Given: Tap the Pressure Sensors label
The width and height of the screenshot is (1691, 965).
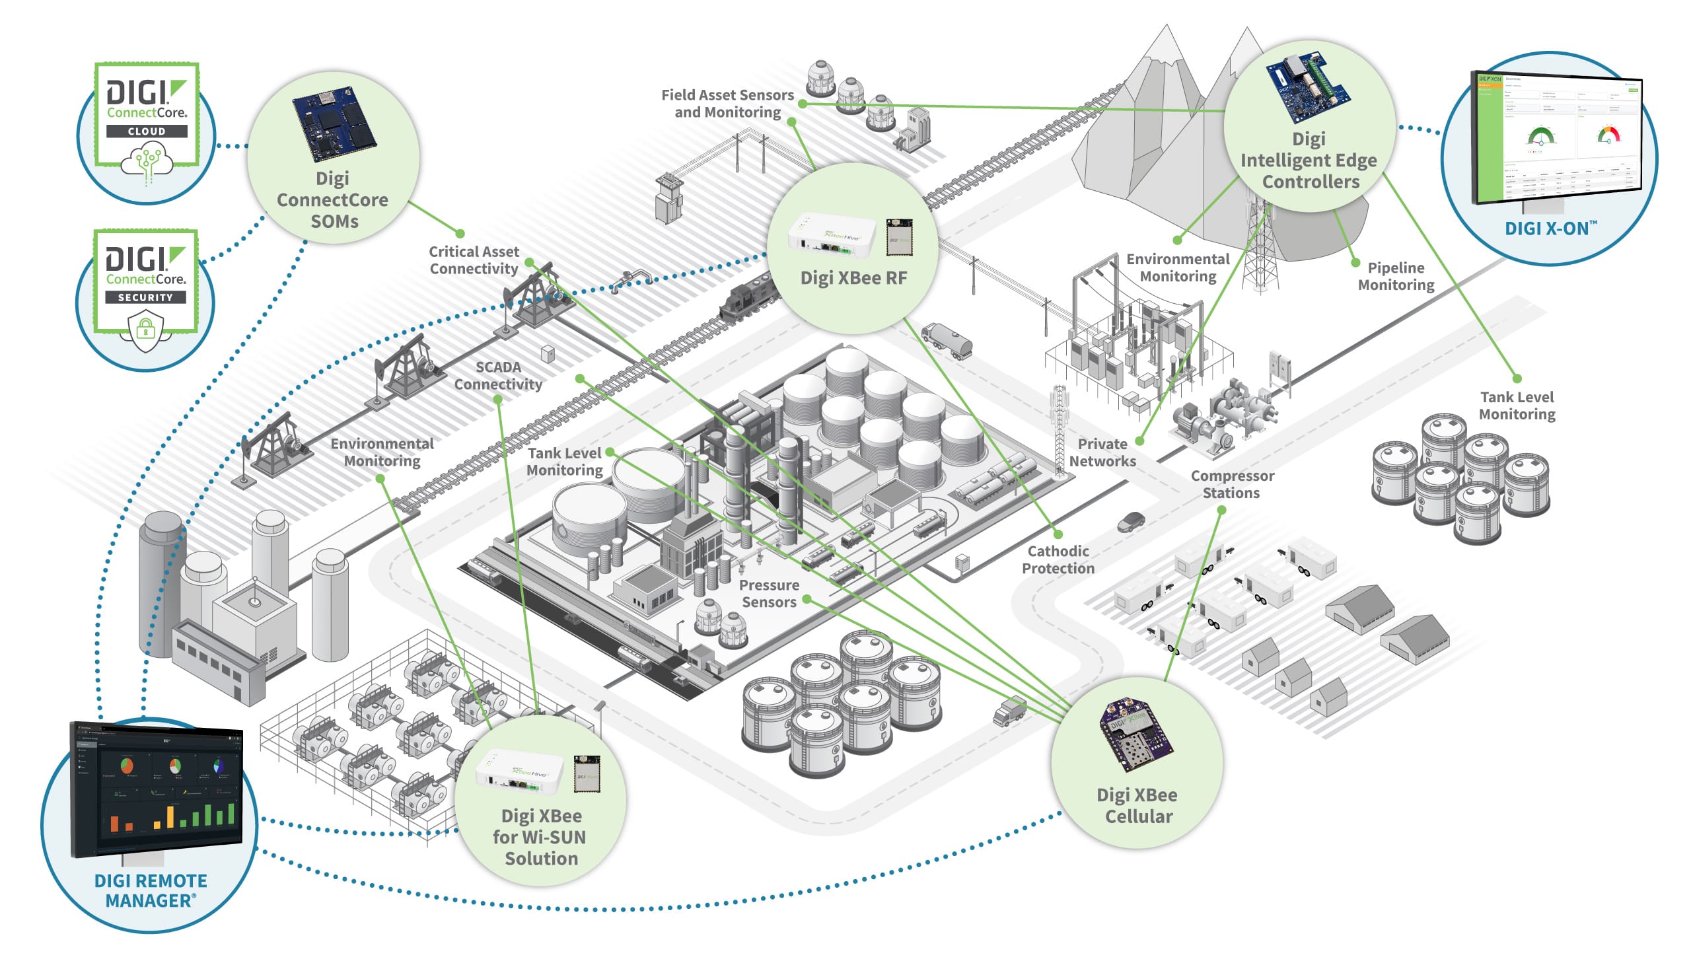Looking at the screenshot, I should [x=768, y=592].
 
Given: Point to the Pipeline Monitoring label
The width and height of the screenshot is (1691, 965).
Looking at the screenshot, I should [x=1395, y=275].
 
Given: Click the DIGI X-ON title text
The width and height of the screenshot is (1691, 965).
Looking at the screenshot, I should [x=1548, y=229].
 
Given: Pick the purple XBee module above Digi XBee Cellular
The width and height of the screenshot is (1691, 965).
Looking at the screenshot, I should [x=1135, y=734].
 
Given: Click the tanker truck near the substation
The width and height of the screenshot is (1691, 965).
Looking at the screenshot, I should [x=947, y=340].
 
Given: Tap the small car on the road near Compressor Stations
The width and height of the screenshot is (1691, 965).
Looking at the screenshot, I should [x=1130, y=522].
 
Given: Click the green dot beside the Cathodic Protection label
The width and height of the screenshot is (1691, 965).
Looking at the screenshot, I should [x=1058, y=534].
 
